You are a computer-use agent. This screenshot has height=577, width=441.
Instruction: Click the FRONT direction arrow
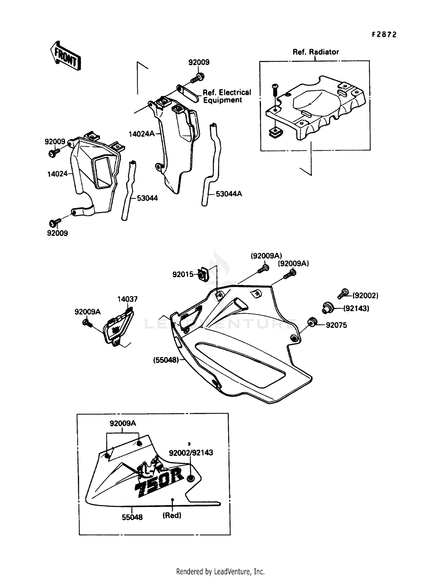65,56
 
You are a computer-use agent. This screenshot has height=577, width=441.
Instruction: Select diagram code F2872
384,35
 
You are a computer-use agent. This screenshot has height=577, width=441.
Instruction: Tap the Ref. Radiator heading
315,52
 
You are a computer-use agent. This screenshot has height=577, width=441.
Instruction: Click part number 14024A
141,134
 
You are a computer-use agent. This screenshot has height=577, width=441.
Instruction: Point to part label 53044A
229,194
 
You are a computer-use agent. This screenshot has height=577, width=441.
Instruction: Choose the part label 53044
147,198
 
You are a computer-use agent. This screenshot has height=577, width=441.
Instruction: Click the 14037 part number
127,299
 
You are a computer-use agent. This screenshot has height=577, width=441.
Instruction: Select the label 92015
183,274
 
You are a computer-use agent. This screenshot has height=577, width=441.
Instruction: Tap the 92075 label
336,325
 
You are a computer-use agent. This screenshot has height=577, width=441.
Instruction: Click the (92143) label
356,308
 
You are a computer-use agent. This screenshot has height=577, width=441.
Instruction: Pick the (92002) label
365,296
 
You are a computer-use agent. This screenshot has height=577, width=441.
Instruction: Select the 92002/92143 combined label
191,453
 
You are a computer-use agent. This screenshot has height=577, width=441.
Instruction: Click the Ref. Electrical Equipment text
227,96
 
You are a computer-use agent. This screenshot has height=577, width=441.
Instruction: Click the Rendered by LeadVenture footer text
220,572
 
